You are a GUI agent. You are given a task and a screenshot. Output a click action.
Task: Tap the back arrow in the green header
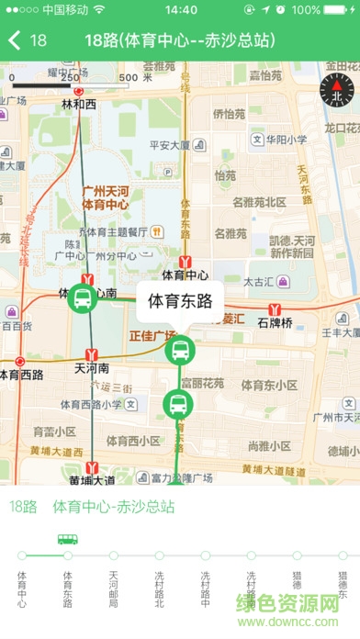(x=16, y=40)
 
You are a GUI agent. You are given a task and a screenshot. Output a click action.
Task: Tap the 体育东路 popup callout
(x=180, y=300)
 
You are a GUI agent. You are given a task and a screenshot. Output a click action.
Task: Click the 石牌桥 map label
(x=275, y=322)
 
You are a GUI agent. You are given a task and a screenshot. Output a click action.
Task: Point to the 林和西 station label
(x=78, y=105)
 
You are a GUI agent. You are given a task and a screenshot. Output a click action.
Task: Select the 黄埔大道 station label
(x=92, y=479)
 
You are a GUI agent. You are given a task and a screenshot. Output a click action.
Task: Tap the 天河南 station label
(x=92, y=367)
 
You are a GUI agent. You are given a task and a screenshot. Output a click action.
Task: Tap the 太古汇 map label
(x=262, y=283)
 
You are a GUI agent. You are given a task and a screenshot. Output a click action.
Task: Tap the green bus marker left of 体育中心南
(x=83, y=297)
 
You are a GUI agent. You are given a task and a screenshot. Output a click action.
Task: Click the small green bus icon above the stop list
(x=67, y=539)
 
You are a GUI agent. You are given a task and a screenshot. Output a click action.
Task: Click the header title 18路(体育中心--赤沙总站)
(x=179, y=40)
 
